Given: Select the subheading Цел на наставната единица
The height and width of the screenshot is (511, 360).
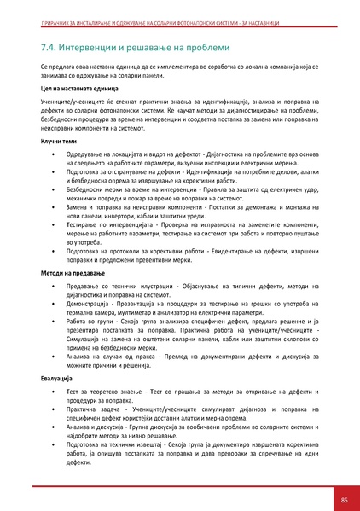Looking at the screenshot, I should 78,88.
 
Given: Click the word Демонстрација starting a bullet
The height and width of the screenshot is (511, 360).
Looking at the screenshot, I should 90,303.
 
